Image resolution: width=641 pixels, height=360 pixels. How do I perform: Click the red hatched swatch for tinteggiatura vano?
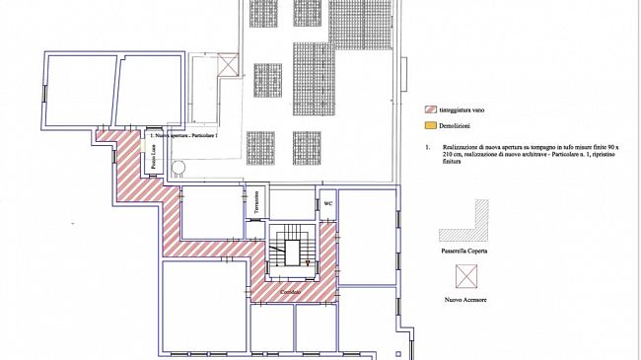(x=430, y=109)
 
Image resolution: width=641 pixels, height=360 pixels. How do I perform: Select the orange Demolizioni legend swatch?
(x=430, y=127)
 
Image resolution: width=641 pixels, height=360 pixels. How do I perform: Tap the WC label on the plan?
(x=329, y=204)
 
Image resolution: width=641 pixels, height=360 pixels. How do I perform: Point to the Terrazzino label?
(x=256, y=201)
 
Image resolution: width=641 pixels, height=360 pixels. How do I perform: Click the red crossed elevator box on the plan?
(x=229, y=65)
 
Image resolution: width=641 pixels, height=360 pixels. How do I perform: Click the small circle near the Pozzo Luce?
(x=179, y=169)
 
